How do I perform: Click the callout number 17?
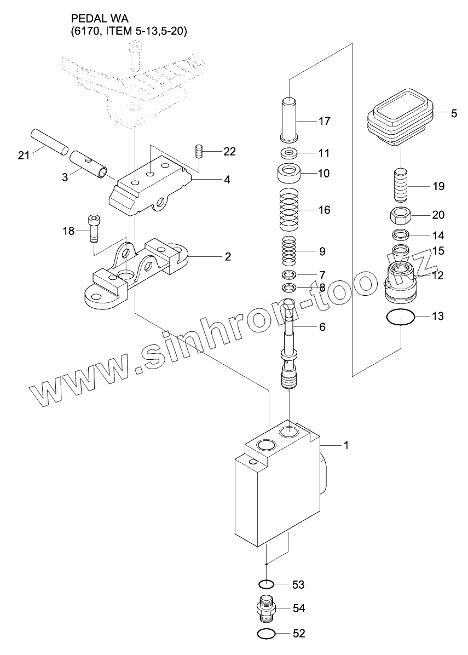324,121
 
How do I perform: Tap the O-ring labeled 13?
400,317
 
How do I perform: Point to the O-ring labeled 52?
265,634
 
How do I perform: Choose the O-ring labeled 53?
265,584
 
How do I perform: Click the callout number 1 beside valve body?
345,445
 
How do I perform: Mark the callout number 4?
226,179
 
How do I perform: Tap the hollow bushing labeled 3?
93,165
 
